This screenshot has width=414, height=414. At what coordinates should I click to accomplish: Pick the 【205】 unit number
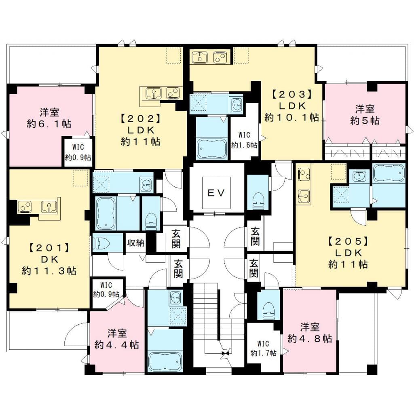348,241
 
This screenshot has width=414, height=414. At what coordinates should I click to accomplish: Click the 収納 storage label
135,243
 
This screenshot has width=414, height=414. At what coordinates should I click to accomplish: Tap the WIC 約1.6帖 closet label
244,140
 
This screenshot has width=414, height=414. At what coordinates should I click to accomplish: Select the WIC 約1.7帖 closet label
263,348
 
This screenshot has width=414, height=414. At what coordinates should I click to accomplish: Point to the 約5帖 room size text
365,120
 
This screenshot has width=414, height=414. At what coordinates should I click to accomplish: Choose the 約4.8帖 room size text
310,338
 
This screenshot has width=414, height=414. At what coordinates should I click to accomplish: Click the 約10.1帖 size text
292,118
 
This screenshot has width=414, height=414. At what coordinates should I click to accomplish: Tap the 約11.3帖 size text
49,270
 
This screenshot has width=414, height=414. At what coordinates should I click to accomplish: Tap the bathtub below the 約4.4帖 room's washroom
165,361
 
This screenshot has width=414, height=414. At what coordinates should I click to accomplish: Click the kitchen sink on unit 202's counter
154,93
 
